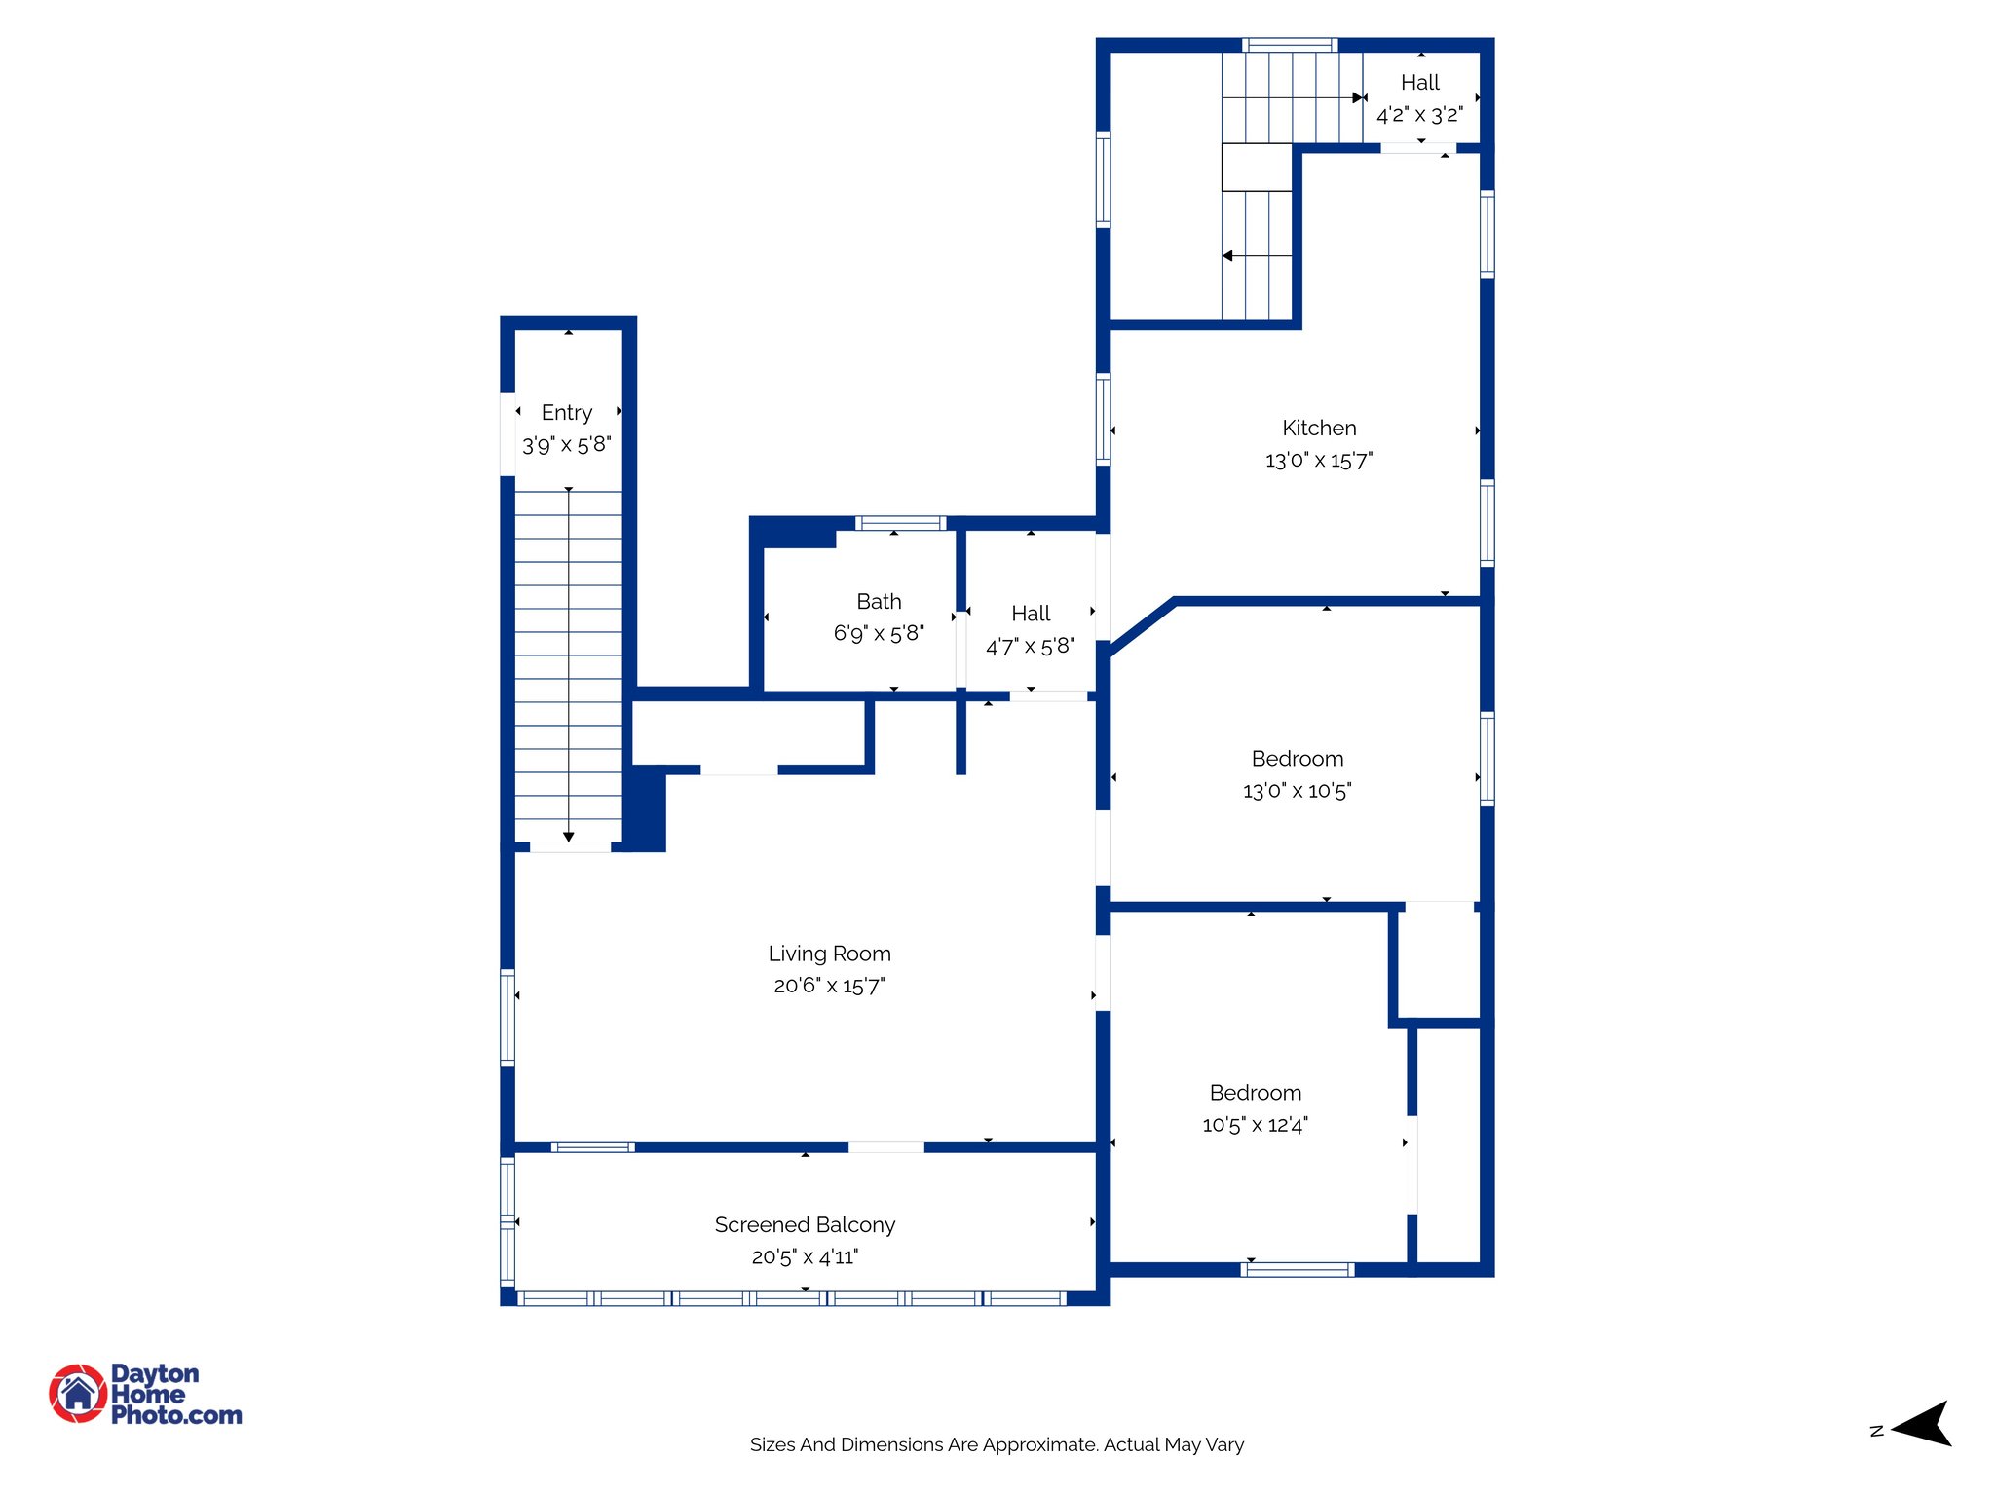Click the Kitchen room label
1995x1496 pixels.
click(1319, 428)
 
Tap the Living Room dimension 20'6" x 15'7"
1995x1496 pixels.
click(829, 986)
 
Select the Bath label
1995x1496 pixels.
click(879, 601)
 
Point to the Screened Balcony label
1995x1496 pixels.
click(805, 1224)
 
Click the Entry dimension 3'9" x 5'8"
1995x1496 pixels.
click(567, 445)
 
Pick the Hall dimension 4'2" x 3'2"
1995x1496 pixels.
click(1419, 115)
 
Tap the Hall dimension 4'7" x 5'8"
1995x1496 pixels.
click(1031, 646)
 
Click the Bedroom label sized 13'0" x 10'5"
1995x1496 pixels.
click(1297, 759)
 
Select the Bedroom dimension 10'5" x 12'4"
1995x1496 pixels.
click(1255, 1125)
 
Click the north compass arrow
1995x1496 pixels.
click(1924, 1425)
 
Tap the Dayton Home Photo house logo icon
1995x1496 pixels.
click(78, 1393)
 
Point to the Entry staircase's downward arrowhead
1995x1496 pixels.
click(569, 837)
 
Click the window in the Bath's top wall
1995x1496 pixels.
click(900, 524)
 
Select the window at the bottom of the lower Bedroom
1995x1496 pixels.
click(1297, 1269)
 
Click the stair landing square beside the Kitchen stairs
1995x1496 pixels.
click(1257, 168)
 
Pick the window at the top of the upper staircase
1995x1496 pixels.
click(1289, 45)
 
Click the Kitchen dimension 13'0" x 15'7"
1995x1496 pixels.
click(1319, 461)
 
